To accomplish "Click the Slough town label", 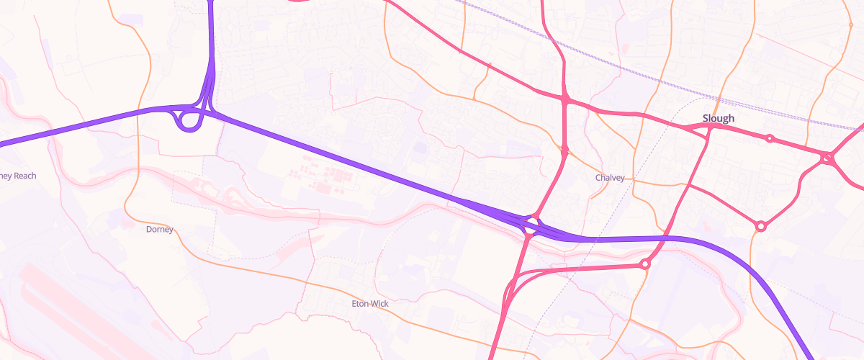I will pos(719,118).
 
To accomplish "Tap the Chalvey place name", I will pos(610,178).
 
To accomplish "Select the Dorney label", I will pos(160,230).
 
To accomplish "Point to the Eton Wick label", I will pos(370,304).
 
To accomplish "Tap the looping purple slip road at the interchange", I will pos(189,120).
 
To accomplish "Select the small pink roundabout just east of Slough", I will pos(770,138).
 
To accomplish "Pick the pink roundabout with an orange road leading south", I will pos(760,226).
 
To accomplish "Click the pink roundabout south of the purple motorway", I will pos(644,264).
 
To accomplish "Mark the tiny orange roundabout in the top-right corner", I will pos(850,25).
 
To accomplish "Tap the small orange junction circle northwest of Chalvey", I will pos(564,151).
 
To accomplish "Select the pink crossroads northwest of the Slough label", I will pos(566,100).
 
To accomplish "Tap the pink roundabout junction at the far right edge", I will pos(828,157).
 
